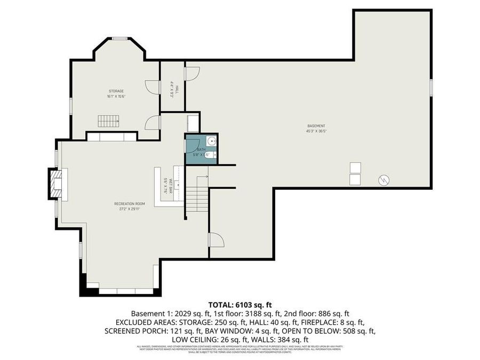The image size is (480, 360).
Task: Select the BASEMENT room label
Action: click(x=316, y=125)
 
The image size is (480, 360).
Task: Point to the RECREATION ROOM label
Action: click(x=130, y=203)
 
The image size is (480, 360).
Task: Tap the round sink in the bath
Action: click(x=212, y=142)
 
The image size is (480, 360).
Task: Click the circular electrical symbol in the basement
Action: click(x=383, y=180)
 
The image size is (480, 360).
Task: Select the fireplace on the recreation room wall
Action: click(x=55, y=183)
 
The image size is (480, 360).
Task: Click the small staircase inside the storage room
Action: click(x=108, y=121)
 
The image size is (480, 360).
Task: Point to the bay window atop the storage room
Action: click(x=119, y=38)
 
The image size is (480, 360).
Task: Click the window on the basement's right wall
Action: click(x=430, y=87)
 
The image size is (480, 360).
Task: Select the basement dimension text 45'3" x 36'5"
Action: click(x=316, y=131)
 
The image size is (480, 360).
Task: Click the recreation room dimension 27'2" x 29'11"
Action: click(x=130, y=209)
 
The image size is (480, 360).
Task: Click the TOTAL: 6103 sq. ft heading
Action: click(x=239, y=305)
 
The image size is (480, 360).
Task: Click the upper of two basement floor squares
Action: click(x=355, y=167)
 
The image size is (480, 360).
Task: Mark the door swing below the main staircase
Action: click(x=216, y=240)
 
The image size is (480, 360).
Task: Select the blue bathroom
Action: click(x=201, y=149)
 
